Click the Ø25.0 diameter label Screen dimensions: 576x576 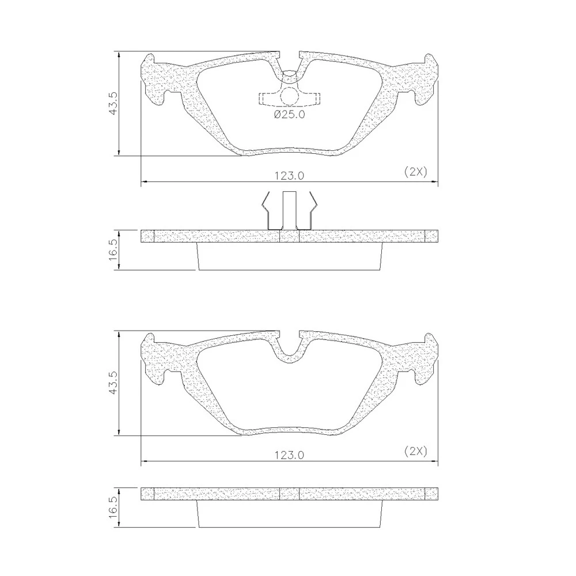click(x=290, y=115)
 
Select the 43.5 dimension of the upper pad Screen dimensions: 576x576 click(x=113, y=103)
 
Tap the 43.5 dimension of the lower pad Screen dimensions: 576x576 click(x=113, y=382)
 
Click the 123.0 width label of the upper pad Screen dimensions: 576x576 click(x=290, y=176)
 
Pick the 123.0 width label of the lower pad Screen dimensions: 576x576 click(x=290, y=455)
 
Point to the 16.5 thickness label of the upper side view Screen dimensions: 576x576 click(x=113, y=249)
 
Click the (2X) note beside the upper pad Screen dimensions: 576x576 click(x=416, y=172)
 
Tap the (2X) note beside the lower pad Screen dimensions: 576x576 click(x=416, y=451)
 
